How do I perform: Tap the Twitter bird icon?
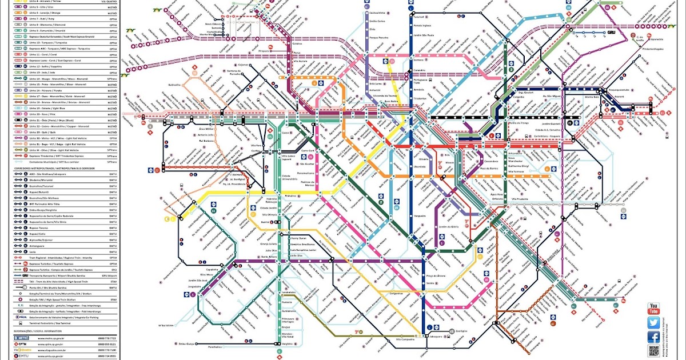(653, 323)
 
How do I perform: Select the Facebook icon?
(653, 337)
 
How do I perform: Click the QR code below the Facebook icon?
(653, 351)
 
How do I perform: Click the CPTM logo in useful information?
(19, 345)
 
